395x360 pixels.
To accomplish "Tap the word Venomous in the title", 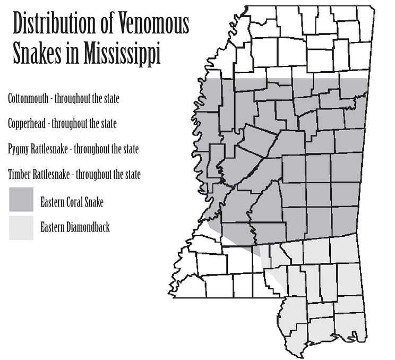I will pyautogui.click(x=156, y=25).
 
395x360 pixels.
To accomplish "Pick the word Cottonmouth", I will pyautogui.click(x=29, y=99).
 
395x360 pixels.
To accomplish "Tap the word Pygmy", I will pyautogui.click(x=19, y=149).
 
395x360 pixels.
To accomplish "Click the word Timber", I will pyautogui.click(x=20, y=174).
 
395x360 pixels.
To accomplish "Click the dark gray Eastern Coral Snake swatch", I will pyautogui.click(x=21, y=199).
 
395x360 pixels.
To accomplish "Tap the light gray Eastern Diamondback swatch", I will pyautogui.click(x=21, y=227).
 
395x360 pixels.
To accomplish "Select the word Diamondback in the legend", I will pyautogui.click(x=86, y=228).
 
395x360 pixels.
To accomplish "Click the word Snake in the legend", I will pyautogui.click(x=93, y=203).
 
